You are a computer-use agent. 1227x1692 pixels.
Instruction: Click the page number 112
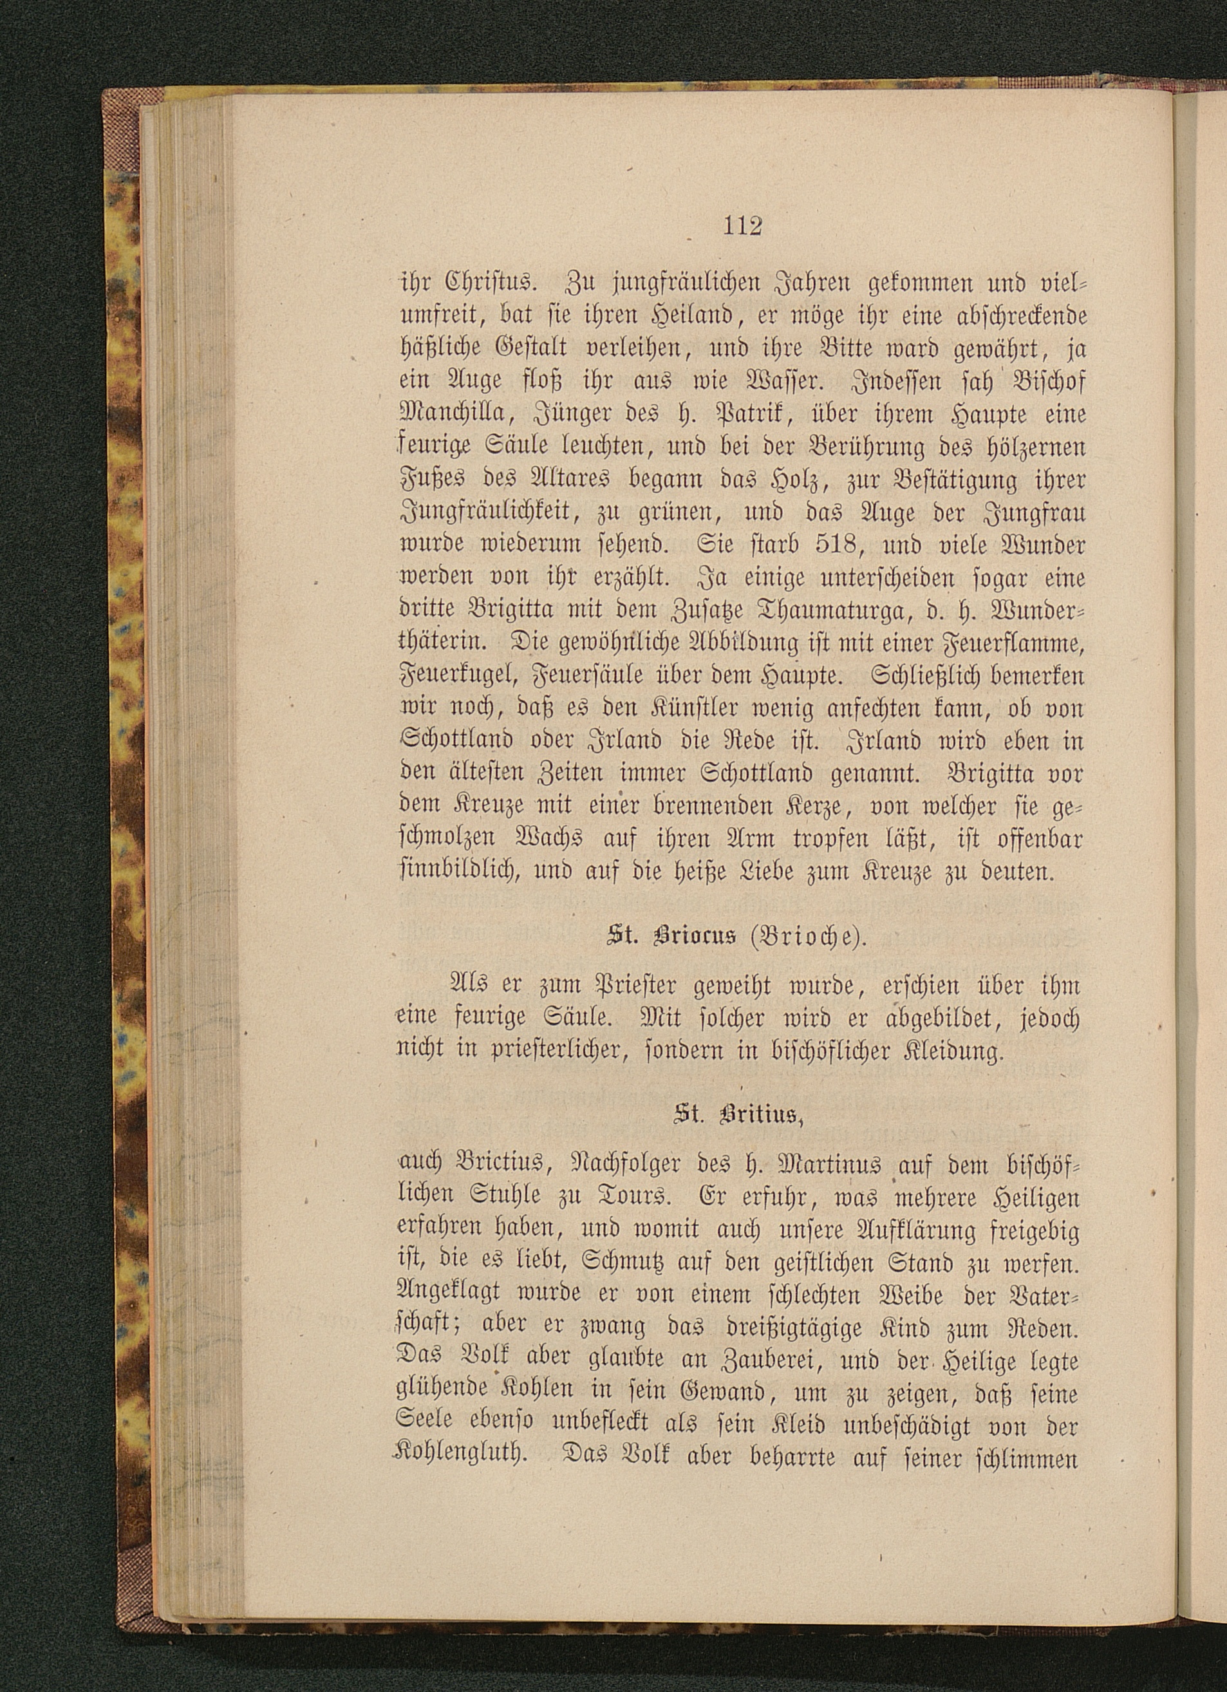[x=742, y=225]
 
